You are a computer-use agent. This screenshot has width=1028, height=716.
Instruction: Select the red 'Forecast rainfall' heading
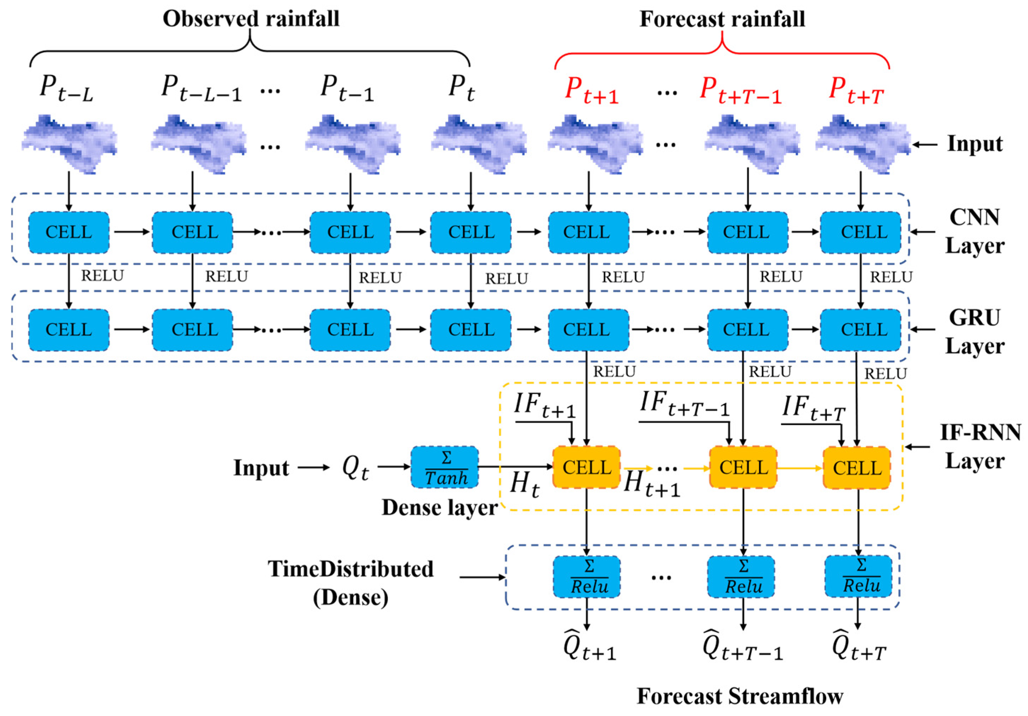click(x=722, y=19)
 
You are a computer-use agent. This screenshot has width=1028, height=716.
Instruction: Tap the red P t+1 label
click(x=592, y=91)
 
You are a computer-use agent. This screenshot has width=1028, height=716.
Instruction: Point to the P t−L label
click(x=66, y=88)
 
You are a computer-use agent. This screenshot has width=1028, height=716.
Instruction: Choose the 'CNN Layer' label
click(x=975, y=231)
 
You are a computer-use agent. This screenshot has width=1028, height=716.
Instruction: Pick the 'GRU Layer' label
click(x=975, y=332)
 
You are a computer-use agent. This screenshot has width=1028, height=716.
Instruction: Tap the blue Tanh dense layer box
click(x=445, y=468)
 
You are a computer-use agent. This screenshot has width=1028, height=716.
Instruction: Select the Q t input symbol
click(x=355, y=468)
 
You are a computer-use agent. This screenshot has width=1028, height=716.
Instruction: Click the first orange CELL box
click(x=587, y=468)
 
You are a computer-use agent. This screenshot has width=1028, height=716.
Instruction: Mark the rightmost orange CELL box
click(x=857, y=468)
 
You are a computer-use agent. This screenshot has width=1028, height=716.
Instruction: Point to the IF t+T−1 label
click(x=684, y=404)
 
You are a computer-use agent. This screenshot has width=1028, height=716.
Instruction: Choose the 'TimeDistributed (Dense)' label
click(x=350, y=583)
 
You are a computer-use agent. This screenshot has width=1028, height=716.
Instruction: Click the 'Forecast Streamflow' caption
click(x=739, y=696)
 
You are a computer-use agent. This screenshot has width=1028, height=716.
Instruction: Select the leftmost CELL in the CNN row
click(x=69, y=232)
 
